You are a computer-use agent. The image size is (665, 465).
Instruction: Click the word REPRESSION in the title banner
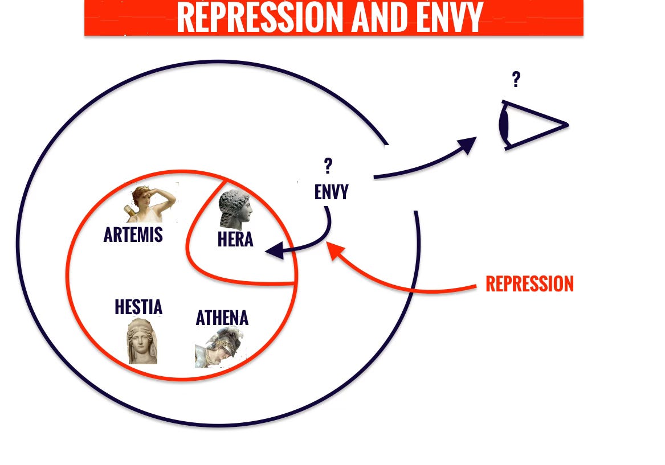pyautogui.click(x=260, y=18)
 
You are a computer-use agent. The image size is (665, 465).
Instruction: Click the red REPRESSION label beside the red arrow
pyautogui.click(x=529, y=283)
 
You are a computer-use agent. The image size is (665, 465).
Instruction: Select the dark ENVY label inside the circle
pyautogui.click(x=331, y=192)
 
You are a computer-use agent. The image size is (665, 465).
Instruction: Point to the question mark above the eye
pyautogui.click(x=516, y=79)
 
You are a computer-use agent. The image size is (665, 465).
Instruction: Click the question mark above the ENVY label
pyautogui.click(x=328, y=166)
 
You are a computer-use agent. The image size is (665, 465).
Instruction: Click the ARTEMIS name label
pyautogui.click(x=133, y=234)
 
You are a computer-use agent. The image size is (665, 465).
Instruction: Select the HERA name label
pyautogui.click(x=235, y=240)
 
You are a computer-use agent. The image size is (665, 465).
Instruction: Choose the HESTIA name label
pyautogui.click(x=138, y=307)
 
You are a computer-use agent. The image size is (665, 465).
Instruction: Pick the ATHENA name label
pyautogui.click(x=222, y=318)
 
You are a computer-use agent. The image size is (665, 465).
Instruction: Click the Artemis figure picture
pyautogui.click(x=150, y=203)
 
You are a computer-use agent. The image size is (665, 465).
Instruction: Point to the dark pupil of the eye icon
pyautogui.click(x=504, y=125)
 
